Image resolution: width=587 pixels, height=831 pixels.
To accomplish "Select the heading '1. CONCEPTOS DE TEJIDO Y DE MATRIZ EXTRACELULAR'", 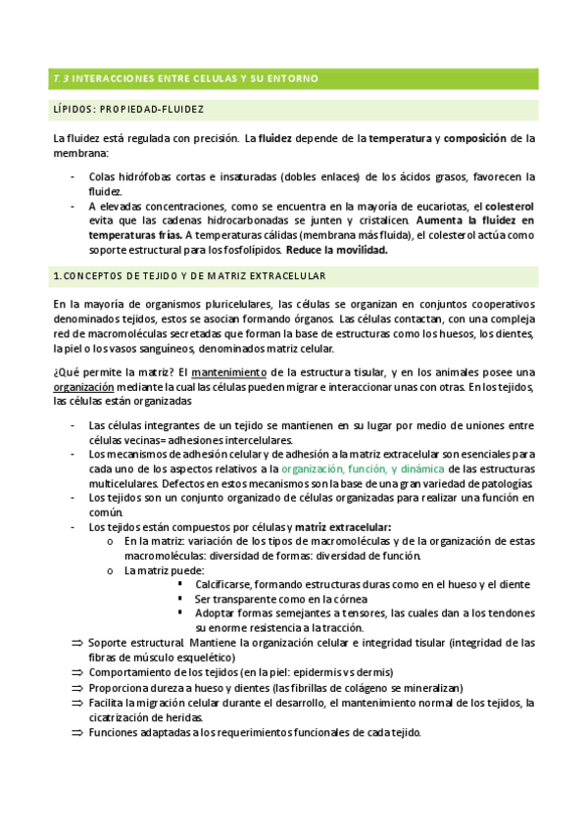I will [x=190, y=277].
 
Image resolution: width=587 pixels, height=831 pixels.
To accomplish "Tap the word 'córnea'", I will [x=348, y=598].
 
